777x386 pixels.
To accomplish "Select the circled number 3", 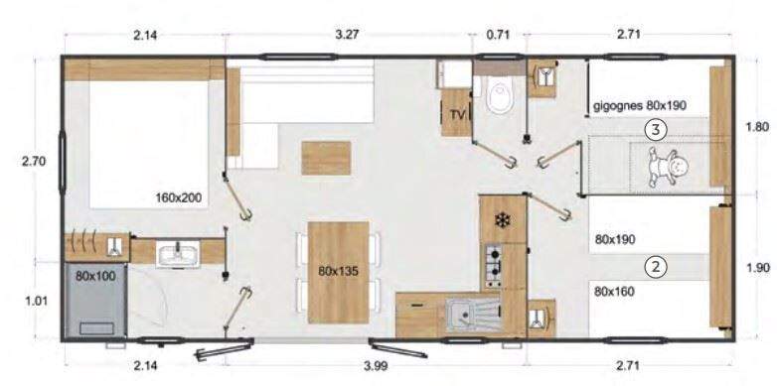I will pos(654,128).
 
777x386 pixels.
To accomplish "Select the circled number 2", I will pos(654,265).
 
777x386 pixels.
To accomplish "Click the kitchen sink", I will pos(466,317).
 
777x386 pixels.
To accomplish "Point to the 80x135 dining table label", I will pos(338,270).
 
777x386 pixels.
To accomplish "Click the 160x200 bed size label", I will pos(179,197).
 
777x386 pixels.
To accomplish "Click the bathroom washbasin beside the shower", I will pos(178,255).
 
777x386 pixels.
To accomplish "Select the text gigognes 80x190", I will pos(640,104).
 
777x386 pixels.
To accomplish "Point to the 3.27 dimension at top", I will pos(348,35).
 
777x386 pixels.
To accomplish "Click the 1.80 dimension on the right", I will pos(757,127).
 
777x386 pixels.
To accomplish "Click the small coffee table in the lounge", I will pos(326,156).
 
